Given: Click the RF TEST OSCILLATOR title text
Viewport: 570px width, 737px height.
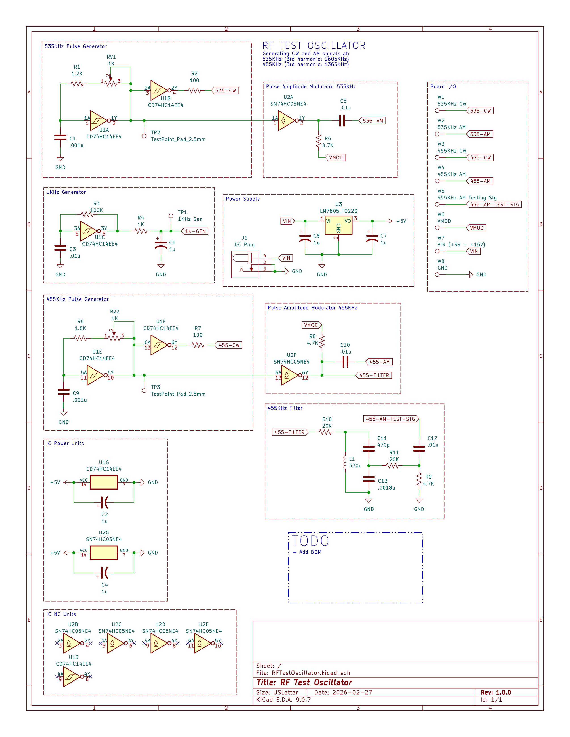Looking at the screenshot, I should [x=314, y=46].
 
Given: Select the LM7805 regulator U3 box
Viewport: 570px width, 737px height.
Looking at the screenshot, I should [x=338, y=225].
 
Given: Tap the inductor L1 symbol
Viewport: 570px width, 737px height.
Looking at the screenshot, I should [x=344, y=462].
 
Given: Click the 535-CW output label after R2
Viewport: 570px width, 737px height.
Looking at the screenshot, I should [x=225, y=90].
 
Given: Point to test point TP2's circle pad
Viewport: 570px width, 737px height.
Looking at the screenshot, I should [x=144, y=136].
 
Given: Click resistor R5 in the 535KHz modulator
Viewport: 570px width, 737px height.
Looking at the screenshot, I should [x=319, y=141].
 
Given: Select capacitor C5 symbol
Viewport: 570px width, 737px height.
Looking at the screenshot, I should [x=342, y=120].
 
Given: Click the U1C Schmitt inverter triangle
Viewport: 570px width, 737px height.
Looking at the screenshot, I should [x=89, y=231].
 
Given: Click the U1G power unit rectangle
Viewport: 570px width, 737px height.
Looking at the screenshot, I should [x=104, y=482].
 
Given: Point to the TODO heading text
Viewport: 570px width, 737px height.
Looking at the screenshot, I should [x=310, y=541].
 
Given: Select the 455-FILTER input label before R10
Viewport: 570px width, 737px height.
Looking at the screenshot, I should [x=290, y=432].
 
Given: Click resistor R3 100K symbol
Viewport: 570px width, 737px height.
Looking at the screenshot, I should [x=87, y=214].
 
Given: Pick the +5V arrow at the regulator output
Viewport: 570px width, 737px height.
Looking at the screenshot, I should [x=390, y=221].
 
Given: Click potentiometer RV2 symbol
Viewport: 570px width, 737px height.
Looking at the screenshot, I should [x=114, y=338].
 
